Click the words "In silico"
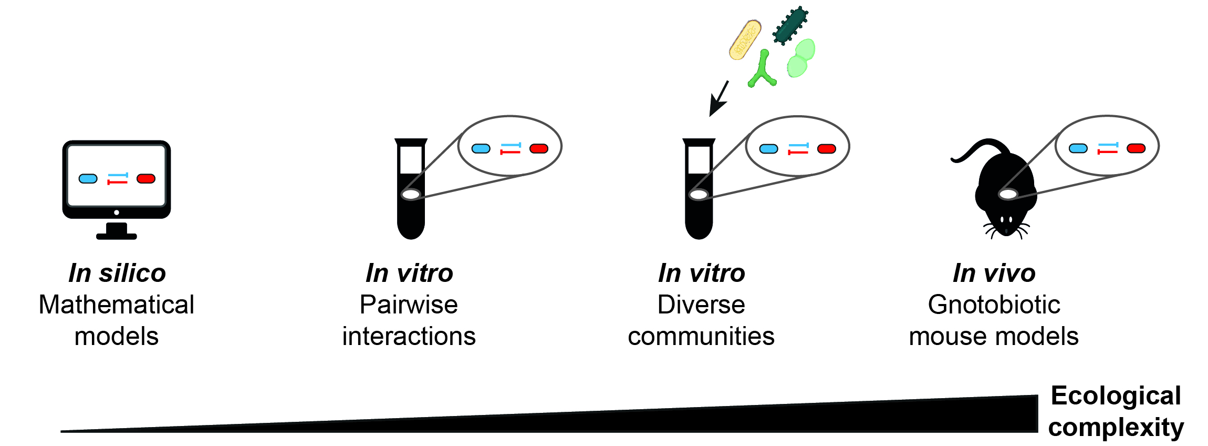(x=117, y=273)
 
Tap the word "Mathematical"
(x=117, y=305)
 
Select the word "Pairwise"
(x=409, y=305)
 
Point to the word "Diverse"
(x=701, y=305)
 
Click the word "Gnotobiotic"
(x=994, y=305)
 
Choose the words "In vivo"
(x=994, y=273)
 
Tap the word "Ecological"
(x=1116, y=396)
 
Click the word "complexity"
(x=1116, y=428)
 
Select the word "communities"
(x=701, y=337)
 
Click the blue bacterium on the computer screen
(x=88, y=179)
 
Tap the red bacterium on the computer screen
(x=146, y=179)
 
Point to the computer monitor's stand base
(x=117, y=236)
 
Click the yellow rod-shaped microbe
(x=745, y=40)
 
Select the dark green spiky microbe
(x=790, y=25)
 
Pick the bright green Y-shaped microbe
(x=762, y=71)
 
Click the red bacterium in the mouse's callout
(x=1136, y=148)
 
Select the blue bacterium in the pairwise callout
(x=481, y=149)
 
